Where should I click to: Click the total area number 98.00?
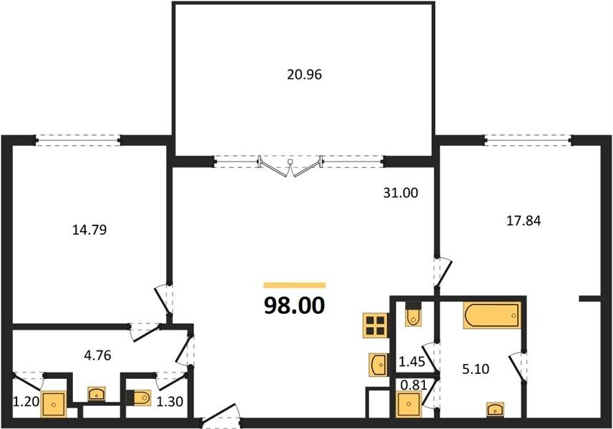click(295, 305)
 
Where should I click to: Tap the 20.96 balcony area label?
click(304, 74)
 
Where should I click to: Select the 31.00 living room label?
click(401, 192)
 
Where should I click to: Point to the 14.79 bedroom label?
click(89, 230)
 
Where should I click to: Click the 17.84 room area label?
click(524, 221)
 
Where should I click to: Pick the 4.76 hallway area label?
click(98, 355)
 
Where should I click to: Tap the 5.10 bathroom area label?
click(476, 369)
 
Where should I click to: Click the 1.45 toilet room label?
click(411, 361)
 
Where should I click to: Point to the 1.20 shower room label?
click(26, 401)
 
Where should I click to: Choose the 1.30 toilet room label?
click(170, 401)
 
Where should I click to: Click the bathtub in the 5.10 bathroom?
click(492, 315)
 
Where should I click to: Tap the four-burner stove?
click(375, 325)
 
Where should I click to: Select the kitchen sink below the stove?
click(378, 365)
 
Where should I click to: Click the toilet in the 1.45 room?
click(413, 314)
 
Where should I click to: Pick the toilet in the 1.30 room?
click(139, 398)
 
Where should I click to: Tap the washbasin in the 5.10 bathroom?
click(495, 410)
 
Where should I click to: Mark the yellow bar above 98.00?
click(295, 285)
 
